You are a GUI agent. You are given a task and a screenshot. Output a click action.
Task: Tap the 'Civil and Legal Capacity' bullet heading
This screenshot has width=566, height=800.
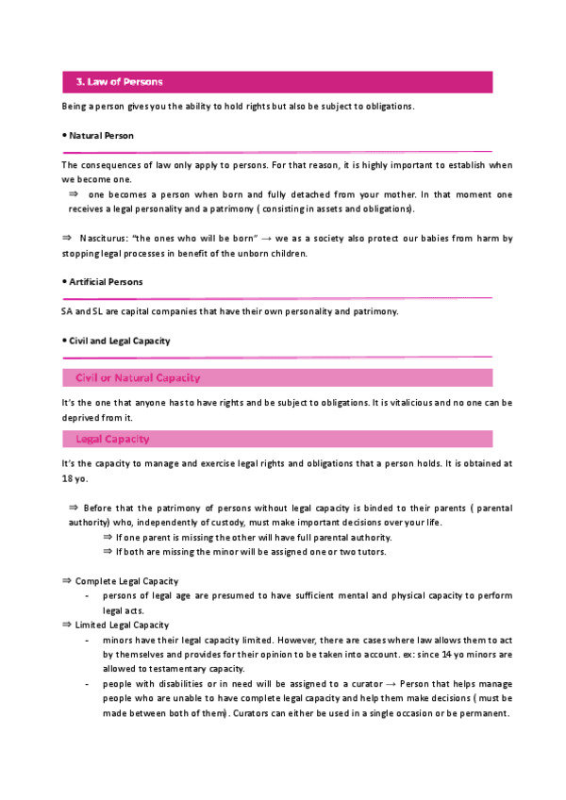coord(119,341)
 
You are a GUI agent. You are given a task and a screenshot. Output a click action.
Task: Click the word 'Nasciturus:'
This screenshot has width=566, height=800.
coord(105,239)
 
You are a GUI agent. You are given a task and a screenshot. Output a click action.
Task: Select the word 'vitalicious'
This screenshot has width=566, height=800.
coord(391,403)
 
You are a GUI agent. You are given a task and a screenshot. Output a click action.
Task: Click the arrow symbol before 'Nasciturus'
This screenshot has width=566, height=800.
coord(66,238)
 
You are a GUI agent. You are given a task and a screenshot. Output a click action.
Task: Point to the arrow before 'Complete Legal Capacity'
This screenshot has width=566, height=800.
coord(66,581)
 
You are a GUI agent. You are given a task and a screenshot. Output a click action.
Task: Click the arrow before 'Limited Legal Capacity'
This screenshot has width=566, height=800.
coord(66,625)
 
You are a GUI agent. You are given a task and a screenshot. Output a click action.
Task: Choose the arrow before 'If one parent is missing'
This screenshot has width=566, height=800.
coord(108,537)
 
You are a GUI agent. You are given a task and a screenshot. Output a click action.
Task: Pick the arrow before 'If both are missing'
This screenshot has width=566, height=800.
coord(108,552)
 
